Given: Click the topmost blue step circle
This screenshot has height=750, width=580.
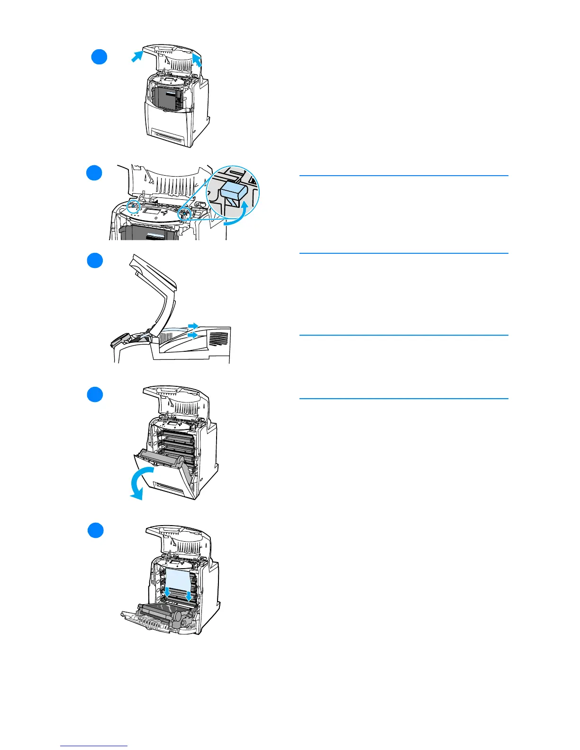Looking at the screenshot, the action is [99, 57].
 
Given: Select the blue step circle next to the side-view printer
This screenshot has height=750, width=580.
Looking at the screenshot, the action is [95, 260].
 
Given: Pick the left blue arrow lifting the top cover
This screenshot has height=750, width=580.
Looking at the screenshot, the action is [136, 57].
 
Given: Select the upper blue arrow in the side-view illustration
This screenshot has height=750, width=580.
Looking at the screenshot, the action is [192, 326].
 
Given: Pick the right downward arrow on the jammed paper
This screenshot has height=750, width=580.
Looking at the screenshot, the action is [189, 596].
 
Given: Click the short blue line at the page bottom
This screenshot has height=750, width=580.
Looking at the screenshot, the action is [94, 746].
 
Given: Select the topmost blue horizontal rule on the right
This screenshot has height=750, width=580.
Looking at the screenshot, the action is [404, 176].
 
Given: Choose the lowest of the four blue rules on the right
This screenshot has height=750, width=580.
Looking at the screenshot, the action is [404, 399].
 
